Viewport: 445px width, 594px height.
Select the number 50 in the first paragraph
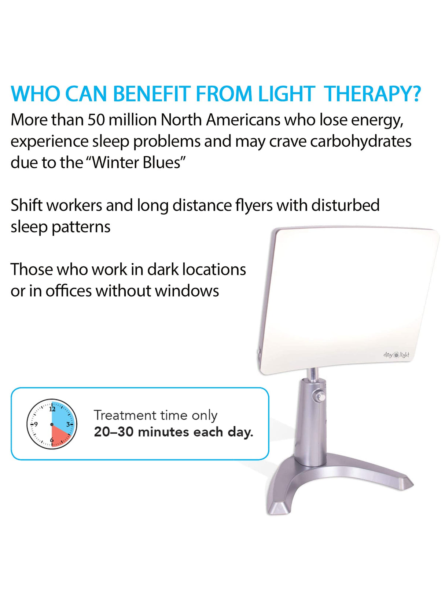96,120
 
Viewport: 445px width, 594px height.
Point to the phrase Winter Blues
137,163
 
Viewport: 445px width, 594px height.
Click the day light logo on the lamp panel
396,355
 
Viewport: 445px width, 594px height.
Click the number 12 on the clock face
52,409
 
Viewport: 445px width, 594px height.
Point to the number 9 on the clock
36,424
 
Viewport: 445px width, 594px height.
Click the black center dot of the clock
52,424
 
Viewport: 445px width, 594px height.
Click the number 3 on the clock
68,424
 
